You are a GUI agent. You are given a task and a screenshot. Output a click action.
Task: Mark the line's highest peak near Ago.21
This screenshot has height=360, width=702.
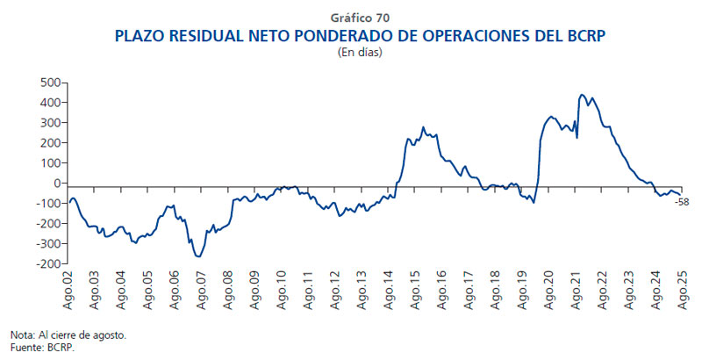583,95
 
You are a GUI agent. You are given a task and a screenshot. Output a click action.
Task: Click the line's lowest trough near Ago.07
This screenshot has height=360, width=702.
199,256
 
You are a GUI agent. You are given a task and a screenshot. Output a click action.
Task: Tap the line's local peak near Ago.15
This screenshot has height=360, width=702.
423,127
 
